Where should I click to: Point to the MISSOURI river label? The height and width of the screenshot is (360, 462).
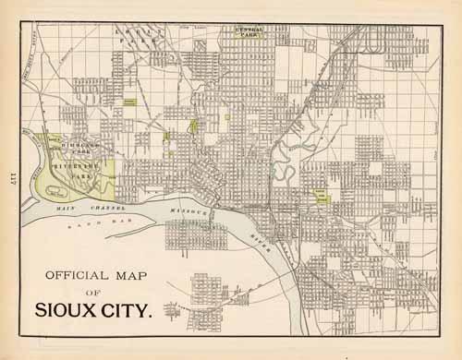(190, 211)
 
